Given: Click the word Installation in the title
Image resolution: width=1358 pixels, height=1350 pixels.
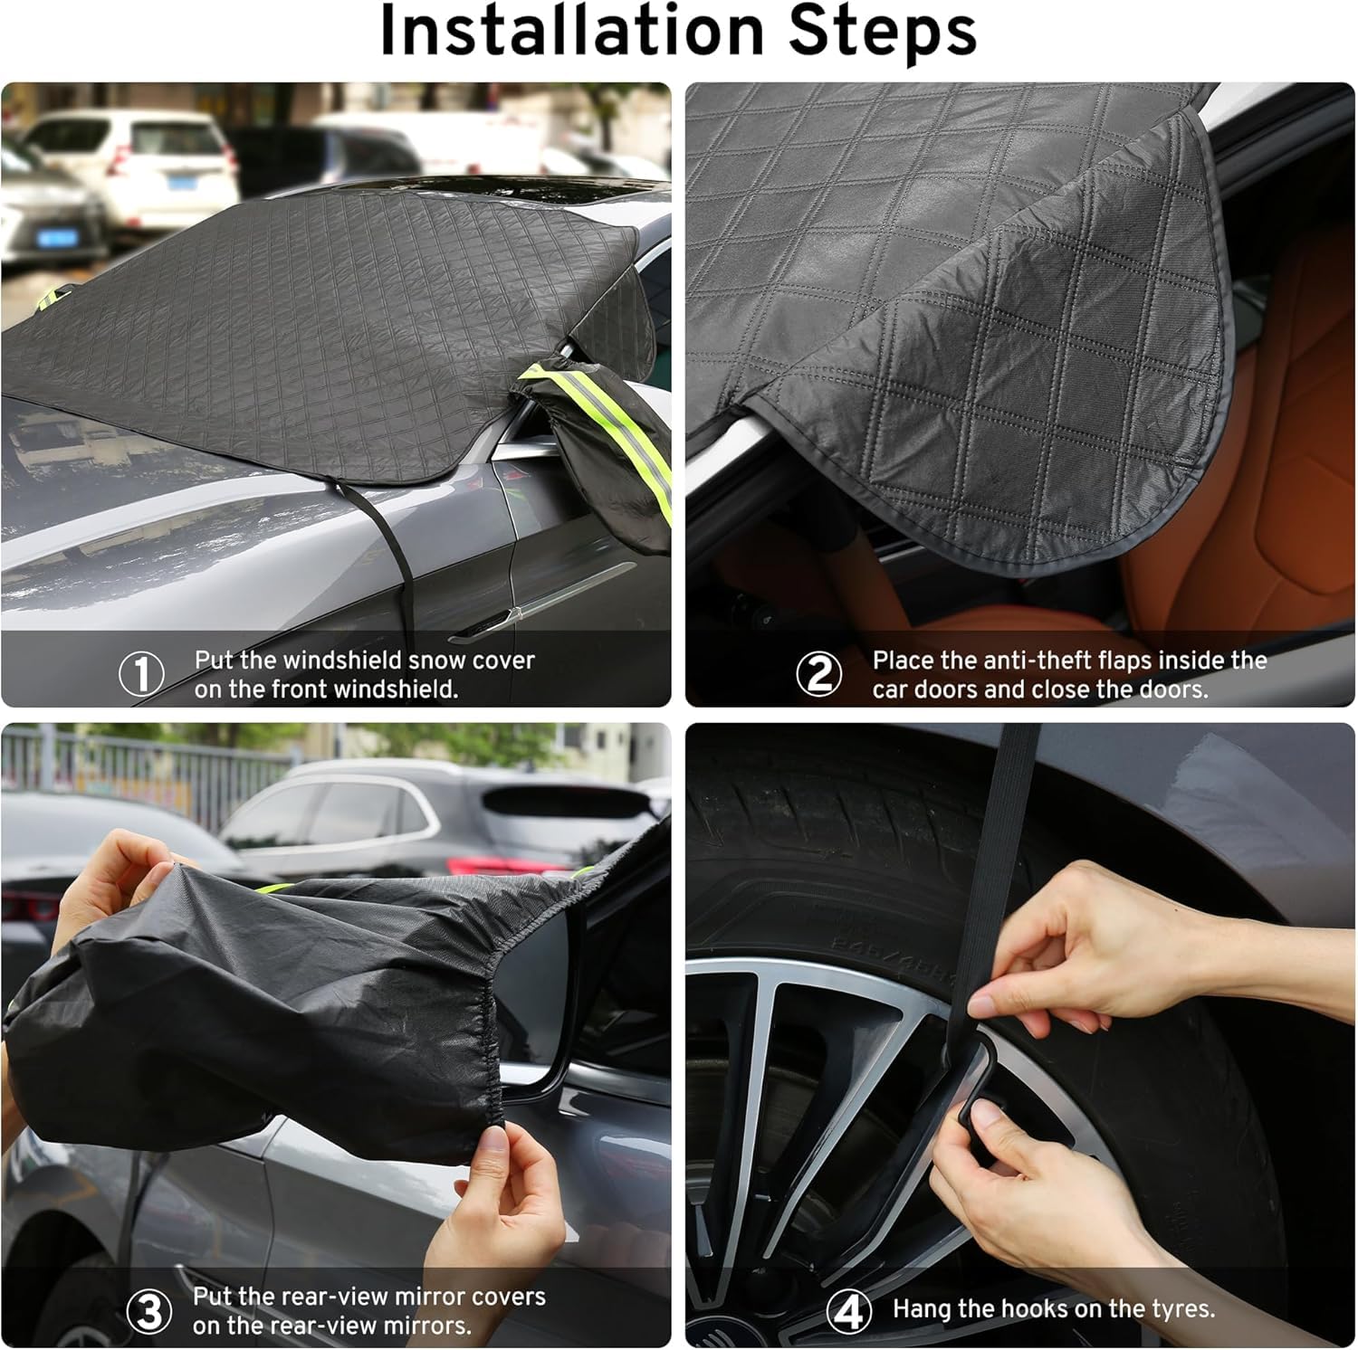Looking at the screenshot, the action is [x=570, y=33].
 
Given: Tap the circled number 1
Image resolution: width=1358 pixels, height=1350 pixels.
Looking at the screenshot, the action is [x=142, y=674].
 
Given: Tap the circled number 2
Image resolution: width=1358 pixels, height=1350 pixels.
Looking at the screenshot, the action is [x=819, y=674].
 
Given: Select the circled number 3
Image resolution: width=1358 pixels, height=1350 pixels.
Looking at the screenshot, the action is [x=148, y=1311].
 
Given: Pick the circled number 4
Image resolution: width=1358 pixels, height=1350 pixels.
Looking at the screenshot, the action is [x=848, y=1311].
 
